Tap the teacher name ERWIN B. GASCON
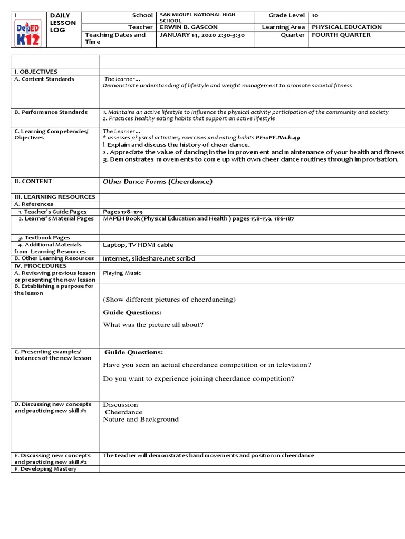[188, 27]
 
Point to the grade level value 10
[315, 16]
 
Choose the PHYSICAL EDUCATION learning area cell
[346, 27]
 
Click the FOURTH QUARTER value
[341, 35]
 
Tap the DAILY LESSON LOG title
[63, 23]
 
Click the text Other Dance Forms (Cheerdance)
[157, 182]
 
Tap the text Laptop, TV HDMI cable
[138, 245]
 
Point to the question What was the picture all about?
[153, 325]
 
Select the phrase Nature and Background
[141, 420]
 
